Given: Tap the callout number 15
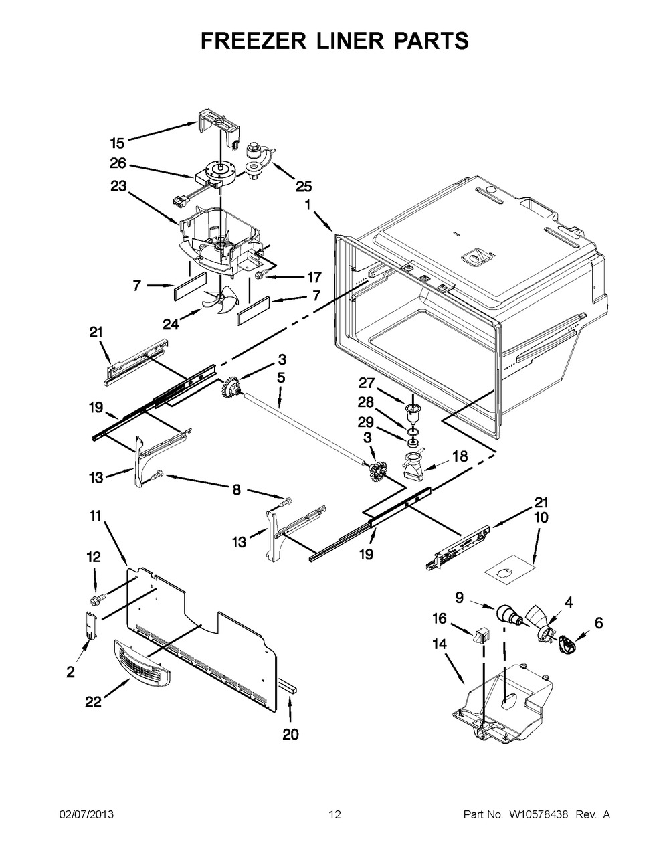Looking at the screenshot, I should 117,143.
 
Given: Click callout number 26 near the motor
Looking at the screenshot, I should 117,162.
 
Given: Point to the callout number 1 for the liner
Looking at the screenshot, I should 308,206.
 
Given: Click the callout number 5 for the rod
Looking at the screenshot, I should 281,378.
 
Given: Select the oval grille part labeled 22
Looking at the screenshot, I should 141,660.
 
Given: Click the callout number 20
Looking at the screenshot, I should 290,734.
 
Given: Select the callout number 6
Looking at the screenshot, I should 599,623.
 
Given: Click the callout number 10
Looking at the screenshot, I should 541,517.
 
